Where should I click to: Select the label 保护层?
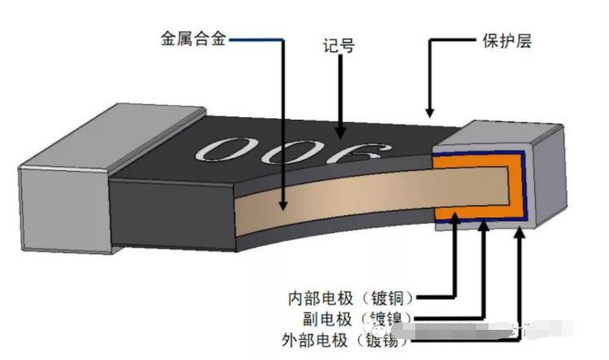pos(502,41)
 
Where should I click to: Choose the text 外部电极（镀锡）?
pos(352,339)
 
